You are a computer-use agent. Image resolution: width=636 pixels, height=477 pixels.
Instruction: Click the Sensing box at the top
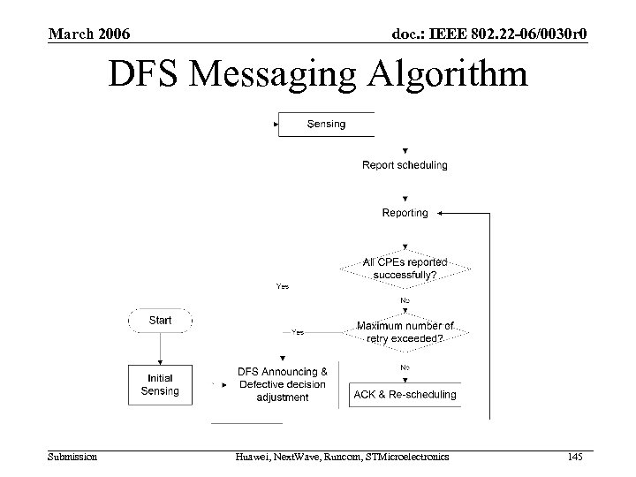click(x=327, y=125)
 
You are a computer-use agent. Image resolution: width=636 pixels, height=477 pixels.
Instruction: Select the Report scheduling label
click(x=405, y=164)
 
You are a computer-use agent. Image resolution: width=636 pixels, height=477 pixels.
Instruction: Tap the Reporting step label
click(x=405, y=213)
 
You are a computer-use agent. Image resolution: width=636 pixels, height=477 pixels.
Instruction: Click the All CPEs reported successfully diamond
click(x=405, y=269)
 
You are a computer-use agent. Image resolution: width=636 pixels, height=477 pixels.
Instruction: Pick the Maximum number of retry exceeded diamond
click(x=405, y=332)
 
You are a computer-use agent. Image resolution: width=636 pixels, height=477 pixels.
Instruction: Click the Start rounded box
click(x=160, y=321)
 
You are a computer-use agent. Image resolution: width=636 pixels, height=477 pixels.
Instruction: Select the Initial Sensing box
click(x=160, y=384)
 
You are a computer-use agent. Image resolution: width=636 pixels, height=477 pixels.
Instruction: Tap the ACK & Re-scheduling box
click(x=405, y=394)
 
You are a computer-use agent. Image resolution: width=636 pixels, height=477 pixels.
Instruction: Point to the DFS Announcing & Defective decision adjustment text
click(x=283, y=384)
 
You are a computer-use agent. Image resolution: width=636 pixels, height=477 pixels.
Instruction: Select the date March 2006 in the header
click(x=89, y=34)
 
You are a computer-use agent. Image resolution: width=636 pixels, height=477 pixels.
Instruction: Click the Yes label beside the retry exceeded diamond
click(x=298, y=332)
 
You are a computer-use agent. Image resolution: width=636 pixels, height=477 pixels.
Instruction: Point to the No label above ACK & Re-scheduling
click(x=405, y=367)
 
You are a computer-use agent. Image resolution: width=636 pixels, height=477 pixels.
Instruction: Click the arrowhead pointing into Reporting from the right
click(x=442, y=213)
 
